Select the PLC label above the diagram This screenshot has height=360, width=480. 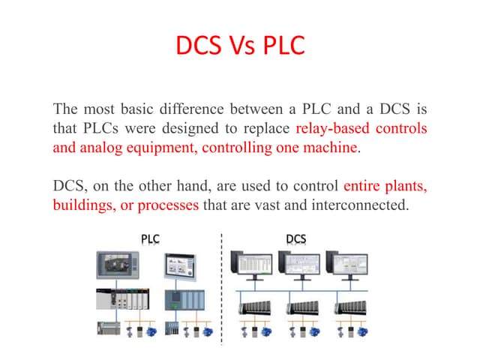150,239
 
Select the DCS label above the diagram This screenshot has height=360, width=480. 296,239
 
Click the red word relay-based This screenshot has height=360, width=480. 334,128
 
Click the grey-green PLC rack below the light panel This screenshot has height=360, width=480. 182,300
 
